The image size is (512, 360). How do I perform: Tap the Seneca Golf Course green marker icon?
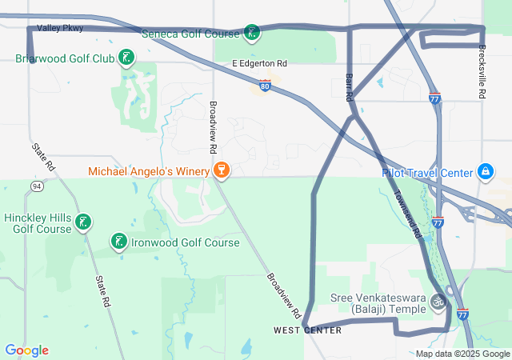click(253, 33)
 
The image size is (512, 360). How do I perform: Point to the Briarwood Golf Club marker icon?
click(126, 57)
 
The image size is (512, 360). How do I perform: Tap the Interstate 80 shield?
click(265, 85)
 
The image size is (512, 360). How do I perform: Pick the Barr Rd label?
click(349, 86)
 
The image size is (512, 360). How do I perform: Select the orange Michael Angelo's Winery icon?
click(221, 170)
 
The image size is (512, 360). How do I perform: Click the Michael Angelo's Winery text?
click(148, 171)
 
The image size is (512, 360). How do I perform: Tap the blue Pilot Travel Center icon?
click(485, 171)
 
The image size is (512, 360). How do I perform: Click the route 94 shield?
click(37, 186)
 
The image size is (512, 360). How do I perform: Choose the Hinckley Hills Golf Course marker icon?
click(82, 222)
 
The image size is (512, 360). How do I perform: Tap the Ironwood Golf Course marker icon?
click(118, 242)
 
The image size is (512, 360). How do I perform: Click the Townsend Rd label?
click(408, 221)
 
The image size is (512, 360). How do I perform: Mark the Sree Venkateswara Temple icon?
click(438, 302)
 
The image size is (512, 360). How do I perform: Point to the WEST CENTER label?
click(307, 330)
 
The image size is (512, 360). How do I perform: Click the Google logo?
click(26, 350)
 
